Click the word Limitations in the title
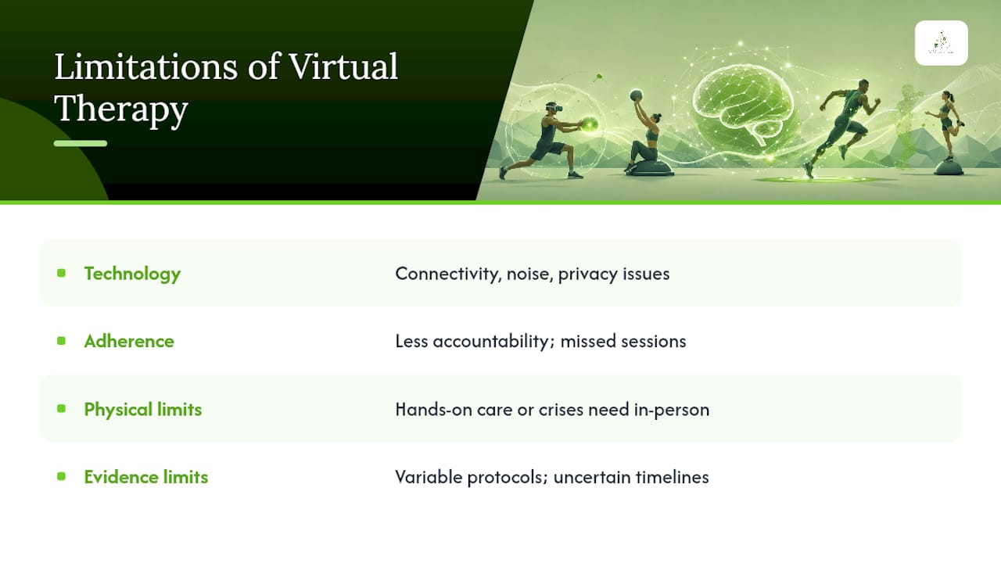(x=146, y=67)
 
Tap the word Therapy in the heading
(x=121, y=109)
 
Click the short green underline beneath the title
(x=81, y=143)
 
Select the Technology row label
(x=132, y=274)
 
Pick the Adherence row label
(x=129, y=342)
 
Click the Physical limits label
(x=143, y=409)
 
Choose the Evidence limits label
(x=146, y=477)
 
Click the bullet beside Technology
(x=61, y=273)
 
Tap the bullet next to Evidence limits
(x=61, y=476)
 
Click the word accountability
(x=493, y=342)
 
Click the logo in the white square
(x=942, y=43)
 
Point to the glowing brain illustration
(x=742, y=105)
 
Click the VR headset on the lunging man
(x=555, y=107)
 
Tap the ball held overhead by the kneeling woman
(x=637, y=95)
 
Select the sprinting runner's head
(x=863, y=86)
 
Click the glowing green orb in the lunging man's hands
(x=590, y=124)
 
